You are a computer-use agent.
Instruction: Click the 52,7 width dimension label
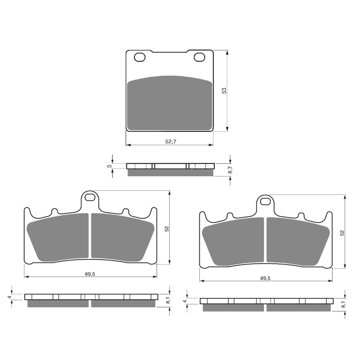tap(170, 141)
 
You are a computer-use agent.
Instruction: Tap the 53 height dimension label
tap(224, 90)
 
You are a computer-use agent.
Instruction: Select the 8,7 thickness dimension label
tap(230, 170)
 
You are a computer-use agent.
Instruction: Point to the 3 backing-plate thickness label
tap(109, 166)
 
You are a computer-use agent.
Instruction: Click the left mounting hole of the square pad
tap(139, 57)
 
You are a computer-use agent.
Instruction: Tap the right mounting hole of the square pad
tap(199, 57)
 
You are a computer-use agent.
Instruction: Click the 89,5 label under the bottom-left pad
tap(90, 274)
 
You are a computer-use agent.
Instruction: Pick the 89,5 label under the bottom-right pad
tap(265, 279)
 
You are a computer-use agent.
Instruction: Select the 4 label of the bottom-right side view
tap(184, 301)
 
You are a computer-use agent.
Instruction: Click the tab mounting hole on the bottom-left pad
tap(90, 197)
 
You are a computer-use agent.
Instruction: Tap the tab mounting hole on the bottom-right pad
tap(265, 201)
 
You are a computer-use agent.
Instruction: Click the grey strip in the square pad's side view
tap(170, 173)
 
